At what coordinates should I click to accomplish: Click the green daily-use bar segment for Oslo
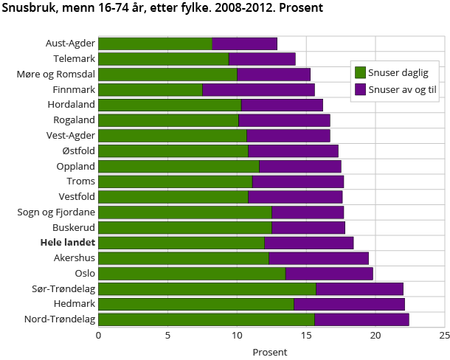(x=192, y=274)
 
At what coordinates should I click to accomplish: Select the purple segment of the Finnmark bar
(x=258, y=90)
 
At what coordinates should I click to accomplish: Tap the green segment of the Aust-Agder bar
(x=155, y=44)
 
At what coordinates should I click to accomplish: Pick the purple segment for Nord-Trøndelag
(x=361, y=319)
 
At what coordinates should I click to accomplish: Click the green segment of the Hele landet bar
(x=181, y=243)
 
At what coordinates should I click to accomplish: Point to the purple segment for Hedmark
(x=349, y=304)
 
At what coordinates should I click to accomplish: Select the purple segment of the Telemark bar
(x=262, y=59)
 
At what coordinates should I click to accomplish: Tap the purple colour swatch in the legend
(x=361, y=89)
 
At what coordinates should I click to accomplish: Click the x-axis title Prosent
(x=270, y=353)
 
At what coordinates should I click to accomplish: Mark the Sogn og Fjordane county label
(x=58, y=212)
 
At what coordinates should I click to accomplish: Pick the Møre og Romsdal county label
(x=56, y=75)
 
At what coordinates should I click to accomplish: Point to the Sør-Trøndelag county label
(x=63, y=289)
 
